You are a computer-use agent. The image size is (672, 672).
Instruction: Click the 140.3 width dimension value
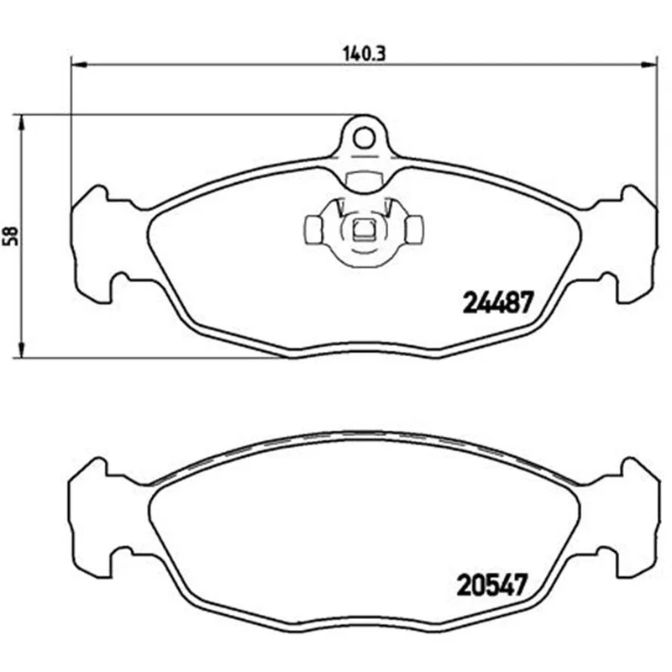tap(365, 54)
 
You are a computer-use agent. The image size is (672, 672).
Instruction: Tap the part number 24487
tap(498, 302)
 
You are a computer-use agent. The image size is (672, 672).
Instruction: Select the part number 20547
tap(491, 585)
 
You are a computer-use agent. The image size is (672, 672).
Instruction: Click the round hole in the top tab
tap(364, 138)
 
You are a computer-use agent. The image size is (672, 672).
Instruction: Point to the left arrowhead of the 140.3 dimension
tap(79, 65)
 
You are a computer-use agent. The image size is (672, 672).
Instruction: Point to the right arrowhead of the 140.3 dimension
tap(648, 65)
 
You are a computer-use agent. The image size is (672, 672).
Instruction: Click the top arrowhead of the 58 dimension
tap(21, 123)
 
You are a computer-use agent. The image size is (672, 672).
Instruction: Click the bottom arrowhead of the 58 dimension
tap(21, 349)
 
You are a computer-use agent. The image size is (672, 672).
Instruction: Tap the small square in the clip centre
tap(364, 228)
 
